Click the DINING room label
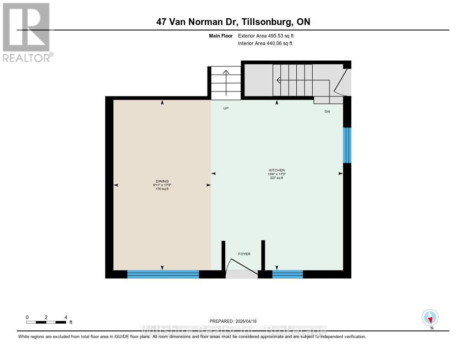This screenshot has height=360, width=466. (x=162, y=181)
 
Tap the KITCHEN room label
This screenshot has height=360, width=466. (x=277, y=170)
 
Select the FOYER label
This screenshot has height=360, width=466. (x=244, y=254)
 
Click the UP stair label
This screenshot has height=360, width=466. (x=226, y=109)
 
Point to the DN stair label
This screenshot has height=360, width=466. (x=327, y=112)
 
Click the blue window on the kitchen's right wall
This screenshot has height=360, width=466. (x=347, y=145)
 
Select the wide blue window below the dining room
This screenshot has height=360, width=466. (x=163, y=274)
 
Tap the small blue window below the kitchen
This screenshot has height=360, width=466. (x=288, y=274)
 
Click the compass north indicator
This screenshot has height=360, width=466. (x=430, y=318)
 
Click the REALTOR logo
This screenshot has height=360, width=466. (x=26, y=32)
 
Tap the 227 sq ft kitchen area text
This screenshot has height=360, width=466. (x=277, y=178)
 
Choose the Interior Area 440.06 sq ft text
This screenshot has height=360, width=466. (x=265, y=44)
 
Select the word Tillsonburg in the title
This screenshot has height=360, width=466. (x=256, y=22)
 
